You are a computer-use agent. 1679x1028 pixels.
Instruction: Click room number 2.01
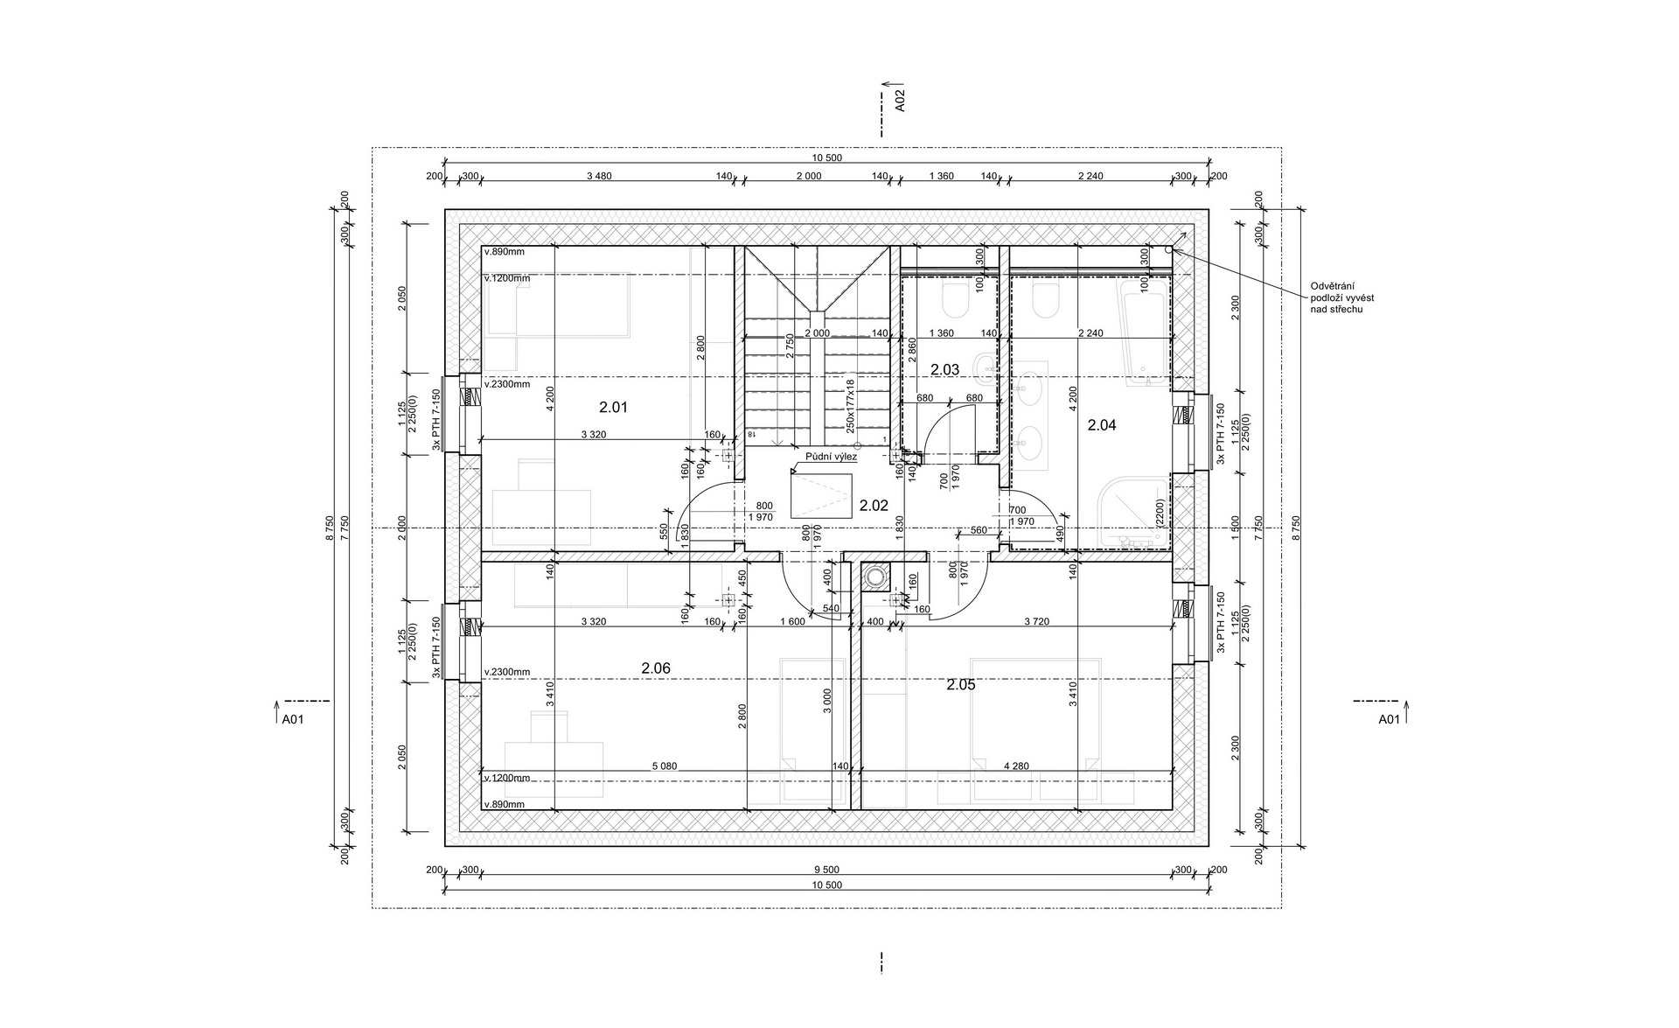pyautogui.click(x=613, y=407)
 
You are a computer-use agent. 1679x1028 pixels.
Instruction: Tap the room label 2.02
pyautogui.click(x=874, y=505)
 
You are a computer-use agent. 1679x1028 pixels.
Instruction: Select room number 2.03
pyautogui.click(x=944, y=370)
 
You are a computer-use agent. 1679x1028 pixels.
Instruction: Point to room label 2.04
pyautogui.click(x=1102, y=425)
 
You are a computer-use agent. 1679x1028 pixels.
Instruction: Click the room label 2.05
pyautogui.click(x=960, y=685)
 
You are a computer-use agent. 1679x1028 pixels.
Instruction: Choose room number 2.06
pyautogui.click(x=656, y=668)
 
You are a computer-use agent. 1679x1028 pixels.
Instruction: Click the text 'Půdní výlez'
pyautogui.click(x=832, y=457)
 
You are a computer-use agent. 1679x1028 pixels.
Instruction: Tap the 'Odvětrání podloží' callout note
pyautogui.click(x=1342, y=297)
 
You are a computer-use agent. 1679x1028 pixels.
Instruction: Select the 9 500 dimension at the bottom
pyautogui.click(x=826, y=870)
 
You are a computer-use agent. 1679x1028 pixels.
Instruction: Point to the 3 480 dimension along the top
pyautogui.click(x=598, y=176)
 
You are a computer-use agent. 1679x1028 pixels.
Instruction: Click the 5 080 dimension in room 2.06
pyautogui.click(x=664, y=766)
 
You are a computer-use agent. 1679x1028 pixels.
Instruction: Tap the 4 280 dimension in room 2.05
pyautogui.click(x=1016, y=766)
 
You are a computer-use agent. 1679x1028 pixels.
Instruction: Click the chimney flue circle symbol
pyautogui.click(x=874, y=576)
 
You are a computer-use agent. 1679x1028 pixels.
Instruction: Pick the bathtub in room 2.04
pyautogui.click(x=1146, y=329)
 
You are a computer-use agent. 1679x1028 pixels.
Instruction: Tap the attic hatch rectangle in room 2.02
pyautogui.click(x=821, y=496)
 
